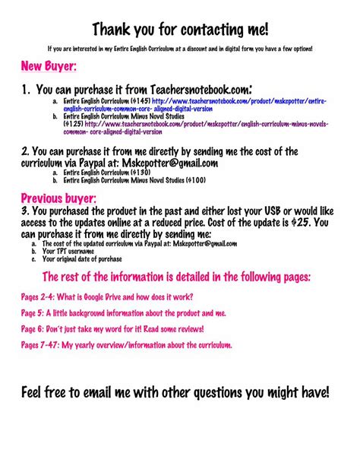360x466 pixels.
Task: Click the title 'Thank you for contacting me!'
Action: [x=180, y=30]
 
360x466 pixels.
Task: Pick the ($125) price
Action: [x=74, y=122]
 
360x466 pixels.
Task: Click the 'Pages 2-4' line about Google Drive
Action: [x=106, y=296]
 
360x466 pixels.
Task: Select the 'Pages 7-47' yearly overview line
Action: [x=126, y=345]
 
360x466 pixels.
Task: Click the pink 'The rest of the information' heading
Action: [x=181, y=277]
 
